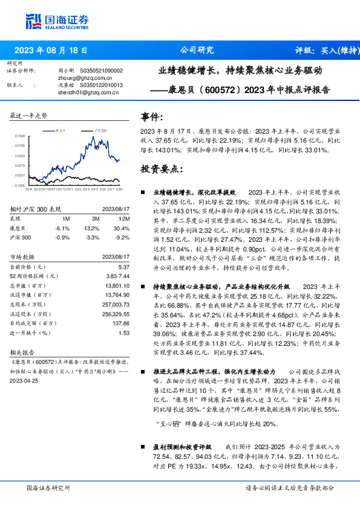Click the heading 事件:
click(x=151, y=117)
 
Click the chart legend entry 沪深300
click(x=100, y=130)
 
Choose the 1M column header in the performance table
click(x=66, y=219)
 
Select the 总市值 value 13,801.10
click(x=117, y=285)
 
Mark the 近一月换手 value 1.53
click(x=124, y=332)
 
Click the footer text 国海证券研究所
click(x=48, y=488)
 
